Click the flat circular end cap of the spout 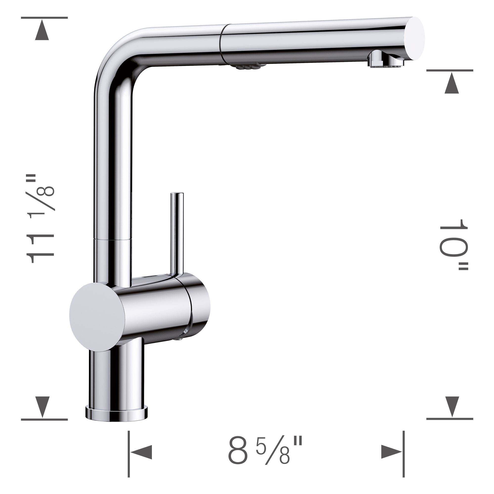[414, 38]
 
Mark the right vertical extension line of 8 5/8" [403, 454]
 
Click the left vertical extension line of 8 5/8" [128, 454]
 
